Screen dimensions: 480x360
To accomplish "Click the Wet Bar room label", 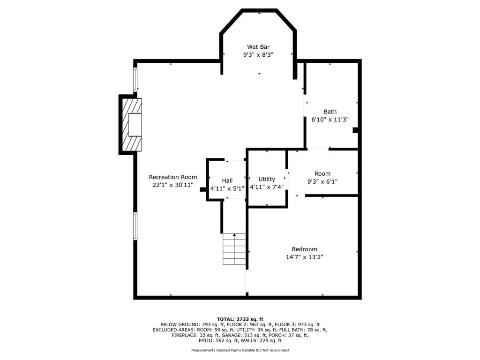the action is tap(258, 47).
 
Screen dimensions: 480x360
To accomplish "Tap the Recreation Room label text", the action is tap(173, 177).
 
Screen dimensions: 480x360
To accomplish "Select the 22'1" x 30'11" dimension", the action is tap(173, 185).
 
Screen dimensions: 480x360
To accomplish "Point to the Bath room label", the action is tap(330, 112).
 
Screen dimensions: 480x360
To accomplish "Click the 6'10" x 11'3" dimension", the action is tap(330, 120).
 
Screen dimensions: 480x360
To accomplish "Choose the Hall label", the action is tap(227, 180).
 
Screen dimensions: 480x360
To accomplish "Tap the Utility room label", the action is tap(267, 179).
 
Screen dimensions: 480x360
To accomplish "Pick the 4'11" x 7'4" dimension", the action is tap(267, 187).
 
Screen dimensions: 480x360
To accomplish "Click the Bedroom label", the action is tap(304, 249).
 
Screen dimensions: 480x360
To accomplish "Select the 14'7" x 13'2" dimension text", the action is tap(305, 257).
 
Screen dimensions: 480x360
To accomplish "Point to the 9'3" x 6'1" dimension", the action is tap(322, 181).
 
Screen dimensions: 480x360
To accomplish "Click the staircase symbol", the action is tap(234, 249).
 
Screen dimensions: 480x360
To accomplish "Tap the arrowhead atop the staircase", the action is tap(234, 235).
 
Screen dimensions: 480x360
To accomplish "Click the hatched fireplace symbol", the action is tap(132, 125).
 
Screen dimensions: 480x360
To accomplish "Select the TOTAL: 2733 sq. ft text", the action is tap(240, 319).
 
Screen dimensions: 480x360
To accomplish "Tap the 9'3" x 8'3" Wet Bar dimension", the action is tap(258, 55).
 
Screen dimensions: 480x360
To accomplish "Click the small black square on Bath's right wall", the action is tap(355, 130).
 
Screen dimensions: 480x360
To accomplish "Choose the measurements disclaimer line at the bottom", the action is tap(240, 350).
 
